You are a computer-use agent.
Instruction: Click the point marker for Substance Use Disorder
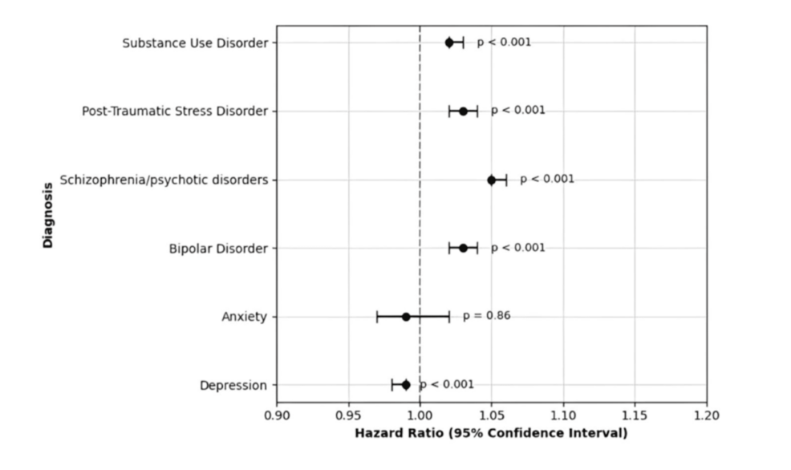(x=449, y=43)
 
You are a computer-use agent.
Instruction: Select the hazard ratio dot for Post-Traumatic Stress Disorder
(x=463, y=111)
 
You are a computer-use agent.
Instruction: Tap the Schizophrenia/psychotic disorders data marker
(x=492, y=180)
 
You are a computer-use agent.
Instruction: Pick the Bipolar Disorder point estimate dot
(x=463, y=248)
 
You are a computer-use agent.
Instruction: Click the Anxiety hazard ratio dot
(x=406, y=317)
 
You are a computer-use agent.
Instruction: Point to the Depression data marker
(x=406, y=385)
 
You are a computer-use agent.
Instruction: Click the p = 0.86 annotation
(x=486, y=316)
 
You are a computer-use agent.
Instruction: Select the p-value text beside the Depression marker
(x=447, y=385)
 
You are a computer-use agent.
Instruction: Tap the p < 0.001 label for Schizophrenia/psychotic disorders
(x=547, y=179)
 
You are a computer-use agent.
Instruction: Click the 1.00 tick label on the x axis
(x=420, y=415)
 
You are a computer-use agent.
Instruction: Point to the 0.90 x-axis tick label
(x=277, y=415)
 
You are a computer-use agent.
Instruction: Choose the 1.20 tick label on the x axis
(x=706, y=415)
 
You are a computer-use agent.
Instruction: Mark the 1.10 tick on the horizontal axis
(x=563, y=415)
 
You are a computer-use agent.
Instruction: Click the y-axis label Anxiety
(x=244, y=317)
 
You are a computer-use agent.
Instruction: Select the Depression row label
(x=233, y=386)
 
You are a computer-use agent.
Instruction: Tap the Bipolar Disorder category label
(x=217, y=249)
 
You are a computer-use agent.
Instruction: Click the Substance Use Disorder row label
(x=194, y=43)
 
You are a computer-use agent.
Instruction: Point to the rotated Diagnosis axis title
(x=48, y=215)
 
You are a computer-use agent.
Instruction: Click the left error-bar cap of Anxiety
(x=377, y=317)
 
